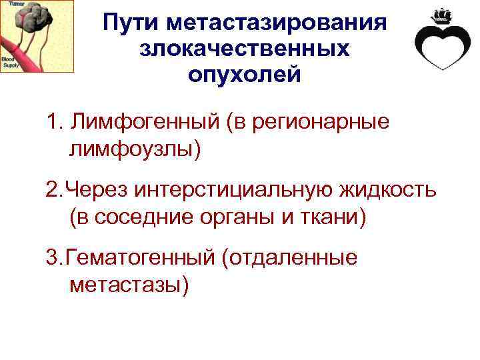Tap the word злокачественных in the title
pos(245,48)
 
